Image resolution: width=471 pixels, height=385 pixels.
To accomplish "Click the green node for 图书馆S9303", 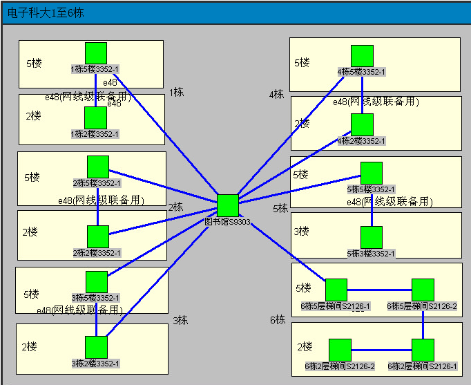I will [x=228, y=205].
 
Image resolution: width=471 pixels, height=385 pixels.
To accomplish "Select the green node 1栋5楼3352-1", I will [x=96, y=53].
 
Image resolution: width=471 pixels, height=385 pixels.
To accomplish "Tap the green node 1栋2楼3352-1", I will [x=95, y=118].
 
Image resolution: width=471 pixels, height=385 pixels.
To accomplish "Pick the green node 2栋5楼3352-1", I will [x=98, y=167].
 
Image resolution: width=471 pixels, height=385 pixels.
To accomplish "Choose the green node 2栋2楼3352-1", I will [x=98, y=236].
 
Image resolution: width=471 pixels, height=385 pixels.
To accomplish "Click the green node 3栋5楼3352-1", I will [x=97, y=282].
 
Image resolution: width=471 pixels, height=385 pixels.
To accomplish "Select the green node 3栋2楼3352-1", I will [x=96, y=347].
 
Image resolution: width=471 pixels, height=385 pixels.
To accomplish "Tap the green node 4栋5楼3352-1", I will [x=362, y=56].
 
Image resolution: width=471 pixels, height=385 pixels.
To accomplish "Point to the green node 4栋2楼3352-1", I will [x=362, y=124].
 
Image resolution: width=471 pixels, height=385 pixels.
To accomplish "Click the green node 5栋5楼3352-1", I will [x=372, y=173].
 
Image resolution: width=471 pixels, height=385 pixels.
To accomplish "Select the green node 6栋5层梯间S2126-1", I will [x=336, y=290].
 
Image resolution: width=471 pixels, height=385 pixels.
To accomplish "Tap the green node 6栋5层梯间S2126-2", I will [x=423, y=290].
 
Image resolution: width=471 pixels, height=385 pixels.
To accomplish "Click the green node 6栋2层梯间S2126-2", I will [x=340, y=350].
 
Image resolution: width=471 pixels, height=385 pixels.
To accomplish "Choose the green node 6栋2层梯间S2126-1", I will [x=423, y=350].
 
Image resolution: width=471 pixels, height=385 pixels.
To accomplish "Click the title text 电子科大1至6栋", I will [x=41, y=13].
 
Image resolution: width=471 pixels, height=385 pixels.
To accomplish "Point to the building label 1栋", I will [x=176, y=92].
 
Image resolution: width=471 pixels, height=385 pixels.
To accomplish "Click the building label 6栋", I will [x=278, y=320].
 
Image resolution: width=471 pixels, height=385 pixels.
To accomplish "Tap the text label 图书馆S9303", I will [x=228, y=223].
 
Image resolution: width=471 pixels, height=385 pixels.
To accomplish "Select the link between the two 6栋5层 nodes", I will [x=379, y=290].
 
